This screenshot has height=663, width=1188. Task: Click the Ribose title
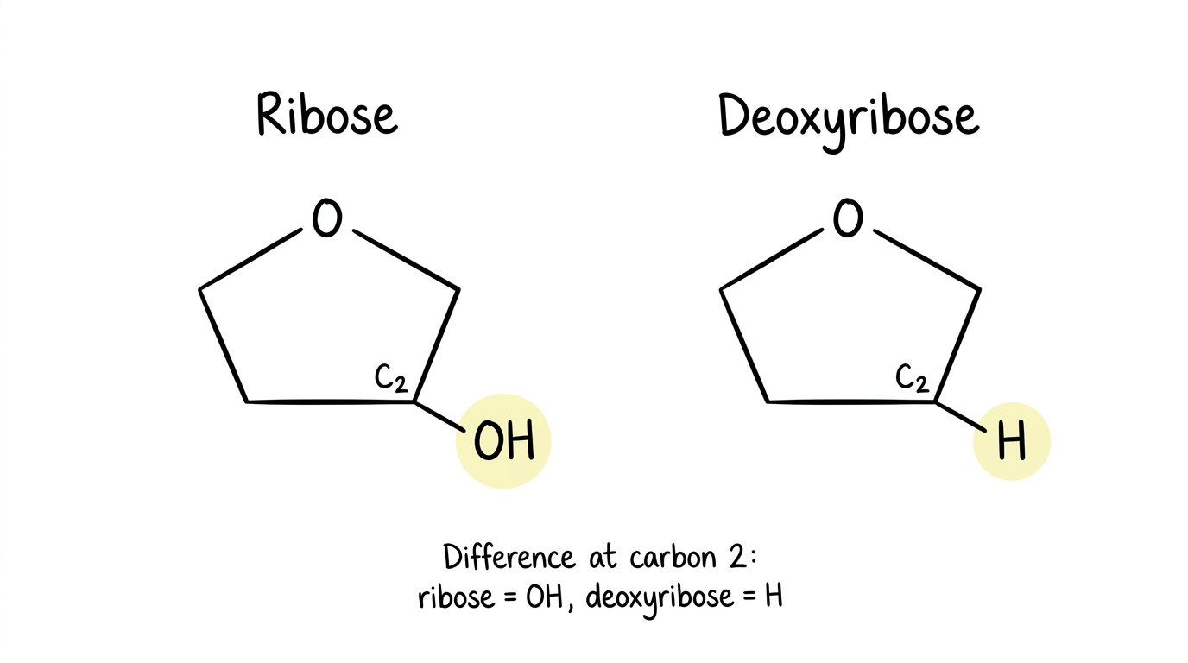pyautogui.click(x=327, y=114)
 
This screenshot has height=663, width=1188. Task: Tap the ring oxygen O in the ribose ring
pyautogui.click(x=326, y=218)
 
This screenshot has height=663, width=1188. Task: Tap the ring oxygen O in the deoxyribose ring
pyautogui.click(x=848, y=218)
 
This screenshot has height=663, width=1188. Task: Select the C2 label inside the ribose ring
pyautogui.click(x=391, y=377)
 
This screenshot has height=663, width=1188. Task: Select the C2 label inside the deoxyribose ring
pyautogui.click(x=913, y=377)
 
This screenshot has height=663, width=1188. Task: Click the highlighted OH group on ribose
pyautogui.click(x=504, y=440)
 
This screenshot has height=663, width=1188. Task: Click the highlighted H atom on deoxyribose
pyautogui.click(x=1011, y=440)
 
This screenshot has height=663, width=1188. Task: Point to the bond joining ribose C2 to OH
pyautogui.click(x=439, y=417)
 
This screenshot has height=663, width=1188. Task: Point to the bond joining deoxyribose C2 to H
pyautogui.click(x=960, y=417)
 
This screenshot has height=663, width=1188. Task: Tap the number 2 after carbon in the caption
pyautogui.click(x=737, y=557)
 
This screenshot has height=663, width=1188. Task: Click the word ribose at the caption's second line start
pyautogui.click(x=456, y=597)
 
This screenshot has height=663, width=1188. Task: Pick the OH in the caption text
pyautogui.click(x=544, y=597)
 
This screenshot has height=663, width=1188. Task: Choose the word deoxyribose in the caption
pyautogui.click(x=660, y=599)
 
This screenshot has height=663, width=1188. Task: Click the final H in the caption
pyautogui.click(x=774, y=597)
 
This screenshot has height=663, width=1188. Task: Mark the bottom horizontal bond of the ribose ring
pyautogui.click(x=330, y=402)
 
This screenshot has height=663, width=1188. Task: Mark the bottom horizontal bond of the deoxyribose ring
pyautogui.click(x=850, y=402)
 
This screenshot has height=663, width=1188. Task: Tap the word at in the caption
pyautogui.click(x=603, y=558)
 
